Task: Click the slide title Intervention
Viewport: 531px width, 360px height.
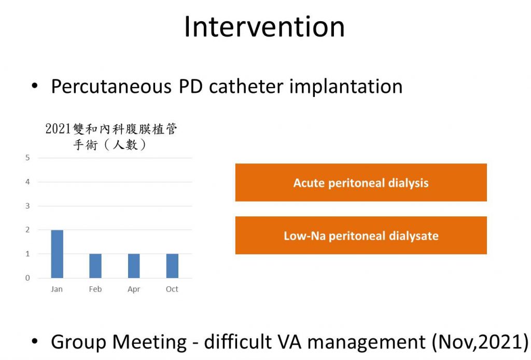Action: [264, 27]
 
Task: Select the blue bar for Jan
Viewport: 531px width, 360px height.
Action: [57, 254]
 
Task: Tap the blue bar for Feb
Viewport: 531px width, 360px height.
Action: [95, 266]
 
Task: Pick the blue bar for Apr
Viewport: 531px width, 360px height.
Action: [134, 266]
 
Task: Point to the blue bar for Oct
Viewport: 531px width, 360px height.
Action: [172, 266]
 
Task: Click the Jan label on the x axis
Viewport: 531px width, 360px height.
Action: [57, 289]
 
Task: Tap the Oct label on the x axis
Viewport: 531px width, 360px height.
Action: [172, 289]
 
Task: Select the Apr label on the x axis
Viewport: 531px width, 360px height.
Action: [134, 289]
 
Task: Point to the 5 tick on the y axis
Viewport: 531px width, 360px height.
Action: [27, 158]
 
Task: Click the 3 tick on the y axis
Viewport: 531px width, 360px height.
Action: [27, 206]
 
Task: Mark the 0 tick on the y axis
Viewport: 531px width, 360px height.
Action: [27, 278]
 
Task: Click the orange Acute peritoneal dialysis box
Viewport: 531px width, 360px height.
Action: [361, 183]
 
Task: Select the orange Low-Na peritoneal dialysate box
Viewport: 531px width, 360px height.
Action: [361, 236]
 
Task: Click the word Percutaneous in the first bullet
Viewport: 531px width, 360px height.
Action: [111, 86]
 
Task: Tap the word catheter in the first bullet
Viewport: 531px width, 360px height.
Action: [246, 86]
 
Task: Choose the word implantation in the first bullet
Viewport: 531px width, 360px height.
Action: [346, 87]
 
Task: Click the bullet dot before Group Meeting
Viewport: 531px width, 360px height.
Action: [35, 341]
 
